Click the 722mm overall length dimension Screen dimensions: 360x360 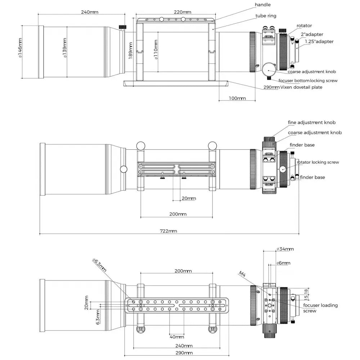click(168, 231)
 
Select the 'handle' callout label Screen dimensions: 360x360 click(262, 5)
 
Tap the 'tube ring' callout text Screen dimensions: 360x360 click(266, 16)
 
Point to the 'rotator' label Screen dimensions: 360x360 click(304, 26)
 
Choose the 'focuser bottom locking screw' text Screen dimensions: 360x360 click(308, 81)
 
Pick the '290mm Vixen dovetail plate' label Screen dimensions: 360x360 click(298, 87)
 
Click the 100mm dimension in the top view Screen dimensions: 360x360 click(237, 98)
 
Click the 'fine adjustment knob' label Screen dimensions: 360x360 click(312, 123)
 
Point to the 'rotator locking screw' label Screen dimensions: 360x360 click(318, 162)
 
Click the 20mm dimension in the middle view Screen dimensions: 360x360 click(188, 198)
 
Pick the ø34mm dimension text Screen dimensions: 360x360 click(285, 249)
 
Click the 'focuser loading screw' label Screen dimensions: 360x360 click(320, 308)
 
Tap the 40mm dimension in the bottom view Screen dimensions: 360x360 click(177, 337)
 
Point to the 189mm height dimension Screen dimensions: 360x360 click(131, 50)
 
